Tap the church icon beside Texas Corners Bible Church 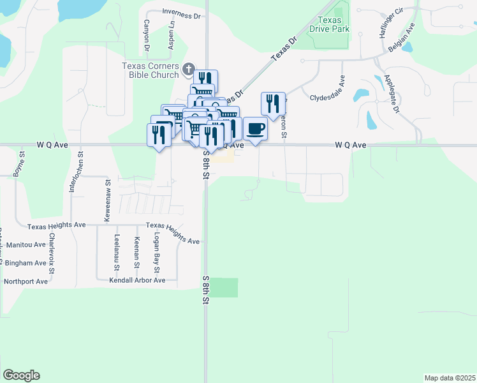click(x=188, y=68)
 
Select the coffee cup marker click(x=255, y=128)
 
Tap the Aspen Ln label click(x=172, y=39)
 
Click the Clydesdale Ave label click(x=327, y=98)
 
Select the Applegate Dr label click(x=391, y=95)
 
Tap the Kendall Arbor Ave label click(x=137, y=280)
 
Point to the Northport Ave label click(x=26, y=281)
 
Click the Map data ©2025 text click(x=449, y=378)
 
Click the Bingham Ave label click(x=26, y=262)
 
